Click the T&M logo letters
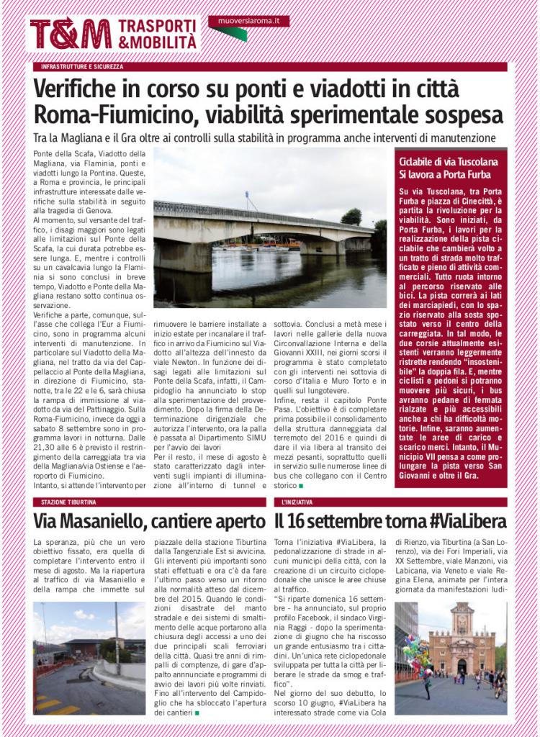coord(70,34)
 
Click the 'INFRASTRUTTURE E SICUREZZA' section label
coord(82,67)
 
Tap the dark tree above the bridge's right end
coord(351,216)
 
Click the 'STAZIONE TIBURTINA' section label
coord(69,502)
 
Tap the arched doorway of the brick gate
coord(462,666)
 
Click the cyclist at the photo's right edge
coord(500,684)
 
